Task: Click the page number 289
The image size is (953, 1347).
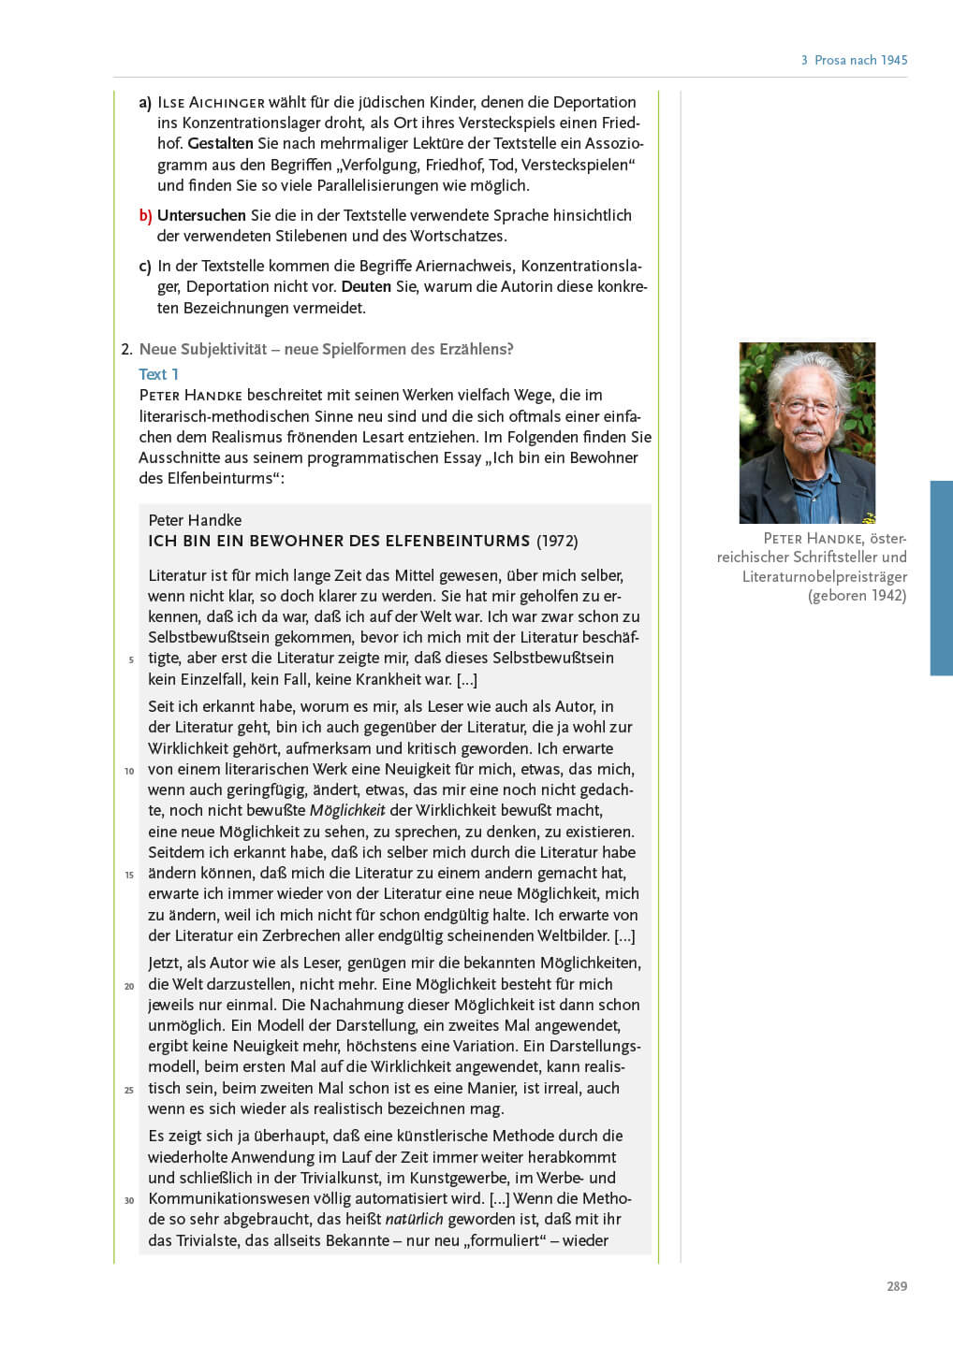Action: tap(896, 1286)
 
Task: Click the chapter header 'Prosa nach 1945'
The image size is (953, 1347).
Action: tap(860, 60)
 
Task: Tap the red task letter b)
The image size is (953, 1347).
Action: tap(145, 216)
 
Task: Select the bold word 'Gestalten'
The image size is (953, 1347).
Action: tap(220, 143)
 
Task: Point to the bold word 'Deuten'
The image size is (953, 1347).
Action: tap(366, 286)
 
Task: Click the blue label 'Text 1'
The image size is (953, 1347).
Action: tap(158, 374)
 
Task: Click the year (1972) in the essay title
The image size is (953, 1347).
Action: tap(557, 541)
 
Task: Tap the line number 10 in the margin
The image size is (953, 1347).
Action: tap(129, 771)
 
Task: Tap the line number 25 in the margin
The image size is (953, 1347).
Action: tap(129, 1090)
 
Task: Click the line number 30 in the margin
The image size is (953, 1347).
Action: tap(129, 1200)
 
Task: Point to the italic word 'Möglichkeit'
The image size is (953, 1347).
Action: tap(347, 811)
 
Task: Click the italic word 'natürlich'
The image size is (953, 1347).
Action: tap(414, 1219)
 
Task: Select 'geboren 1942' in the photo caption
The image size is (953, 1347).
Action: tap(857, 595)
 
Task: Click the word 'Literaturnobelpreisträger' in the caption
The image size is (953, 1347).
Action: tap(824, 576)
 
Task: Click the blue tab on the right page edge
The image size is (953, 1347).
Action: tap(941, 577)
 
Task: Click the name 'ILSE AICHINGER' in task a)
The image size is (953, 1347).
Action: tap(211, 102)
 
